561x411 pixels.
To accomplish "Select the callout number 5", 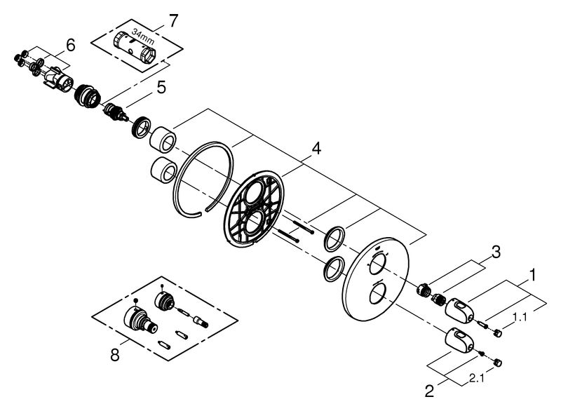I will [x=161, y=88].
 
